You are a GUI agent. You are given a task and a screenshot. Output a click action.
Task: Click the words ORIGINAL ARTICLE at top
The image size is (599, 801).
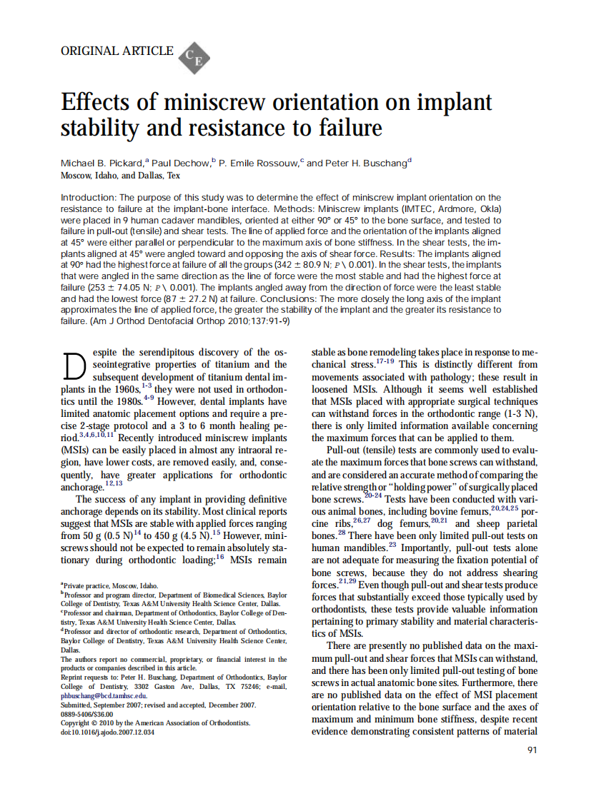pyautogui.click(x=117, y=51)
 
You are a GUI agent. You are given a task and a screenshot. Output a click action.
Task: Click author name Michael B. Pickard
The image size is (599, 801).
pyautogui.click(x=105, y=163)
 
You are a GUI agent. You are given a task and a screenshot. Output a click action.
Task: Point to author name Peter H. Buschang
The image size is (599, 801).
pyautogui.click(x=369, y=163)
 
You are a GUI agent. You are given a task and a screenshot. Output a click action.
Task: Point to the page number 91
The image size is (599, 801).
pyautogui.click(x=531, y=750)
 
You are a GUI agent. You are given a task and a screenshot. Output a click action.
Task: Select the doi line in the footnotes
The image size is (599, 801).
pyautogui.click(x=107, y=732)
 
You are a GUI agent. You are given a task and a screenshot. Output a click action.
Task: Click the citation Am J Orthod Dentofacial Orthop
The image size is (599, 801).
pyautogui.click(x=174, y=321)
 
